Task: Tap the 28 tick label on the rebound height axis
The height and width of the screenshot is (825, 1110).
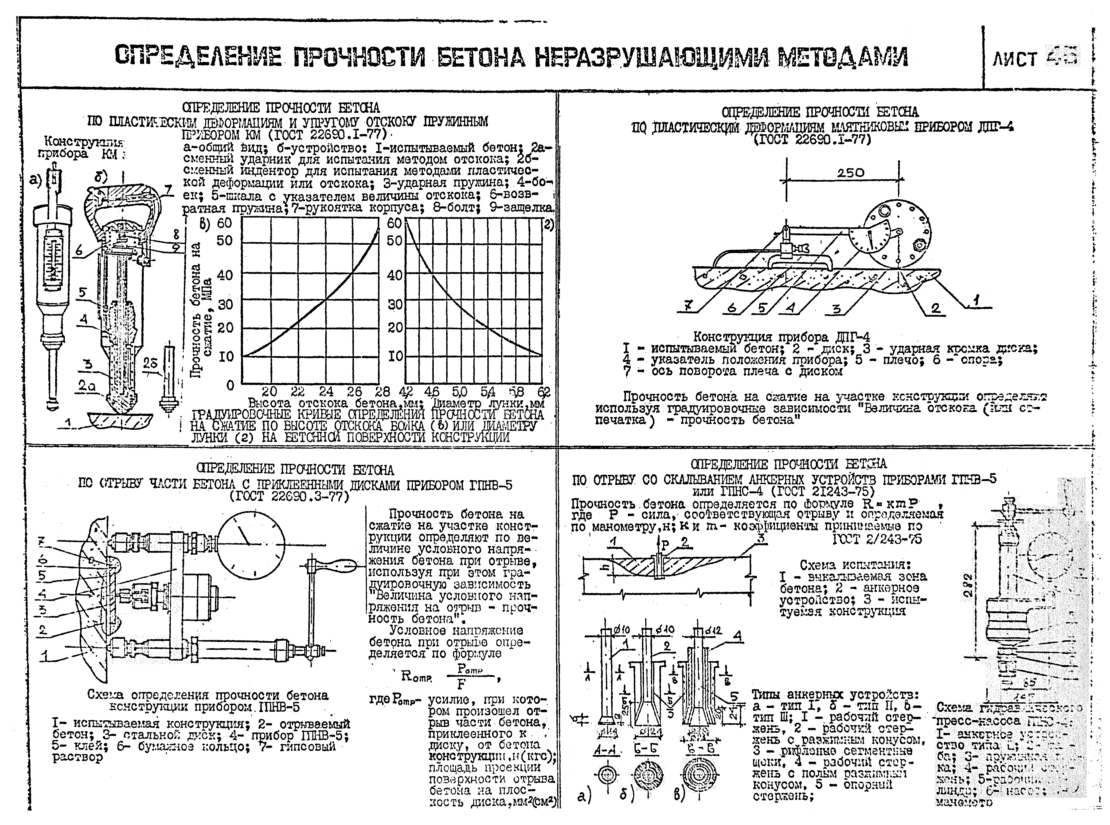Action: [x=383, y=392]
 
